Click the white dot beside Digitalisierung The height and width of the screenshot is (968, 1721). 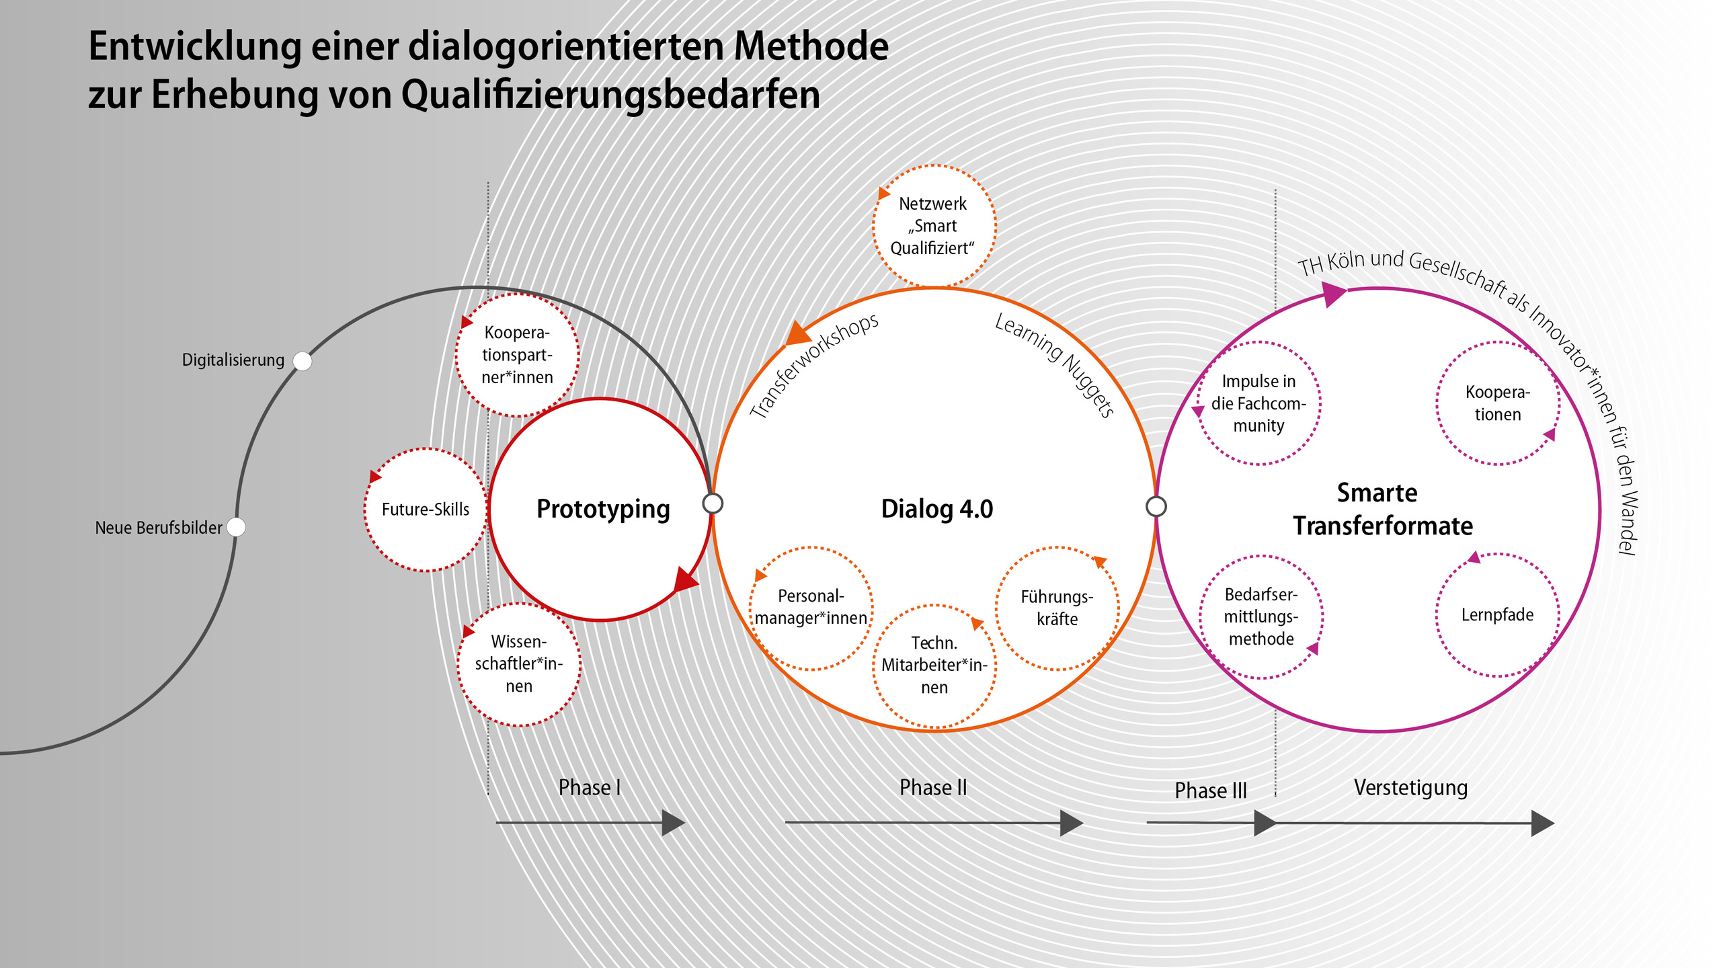coord(303,361)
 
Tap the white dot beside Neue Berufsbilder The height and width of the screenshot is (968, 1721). coord(236,527)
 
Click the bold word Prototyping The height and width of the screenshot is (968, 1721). coord(603,509)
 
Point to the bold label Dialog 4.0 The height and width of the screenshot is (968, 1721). coord(937,509)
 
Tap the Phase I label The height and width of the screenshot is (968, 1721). coord(590,787)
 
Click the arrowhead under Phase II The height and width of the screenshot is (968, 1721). coord(1071,823)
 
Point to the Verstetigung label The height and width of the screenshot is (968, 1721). coord(1410,788)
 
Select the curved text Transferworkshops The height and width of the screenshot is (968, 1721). coord(813,366)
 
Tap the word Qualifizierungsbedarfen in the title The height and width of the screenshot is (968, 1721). coord(611,95)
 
